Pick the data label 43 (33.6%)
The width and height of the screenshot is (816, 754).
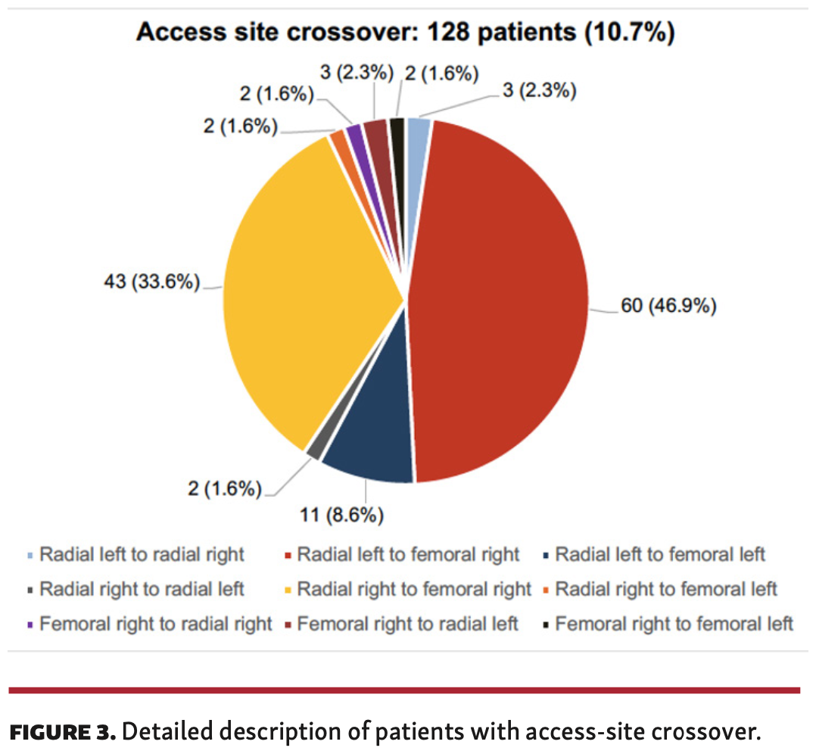(151, 283)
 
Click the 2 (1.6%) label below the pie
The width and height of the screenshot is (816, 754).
(226, 489)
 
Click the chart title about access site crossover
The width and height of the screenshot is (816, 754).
(405, 33)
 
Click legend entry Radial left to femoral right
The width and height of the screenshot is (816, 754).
(408, 555)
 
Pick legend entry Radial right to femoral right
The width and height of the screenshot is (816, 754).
(414, 588)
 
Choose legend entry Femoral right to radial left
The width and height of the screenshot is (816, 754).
(407, 624)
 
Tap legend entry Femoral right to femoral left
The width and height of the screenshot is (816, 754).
(674, 624)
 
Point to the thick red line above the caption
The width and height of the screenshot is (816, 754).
(405, 690)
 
